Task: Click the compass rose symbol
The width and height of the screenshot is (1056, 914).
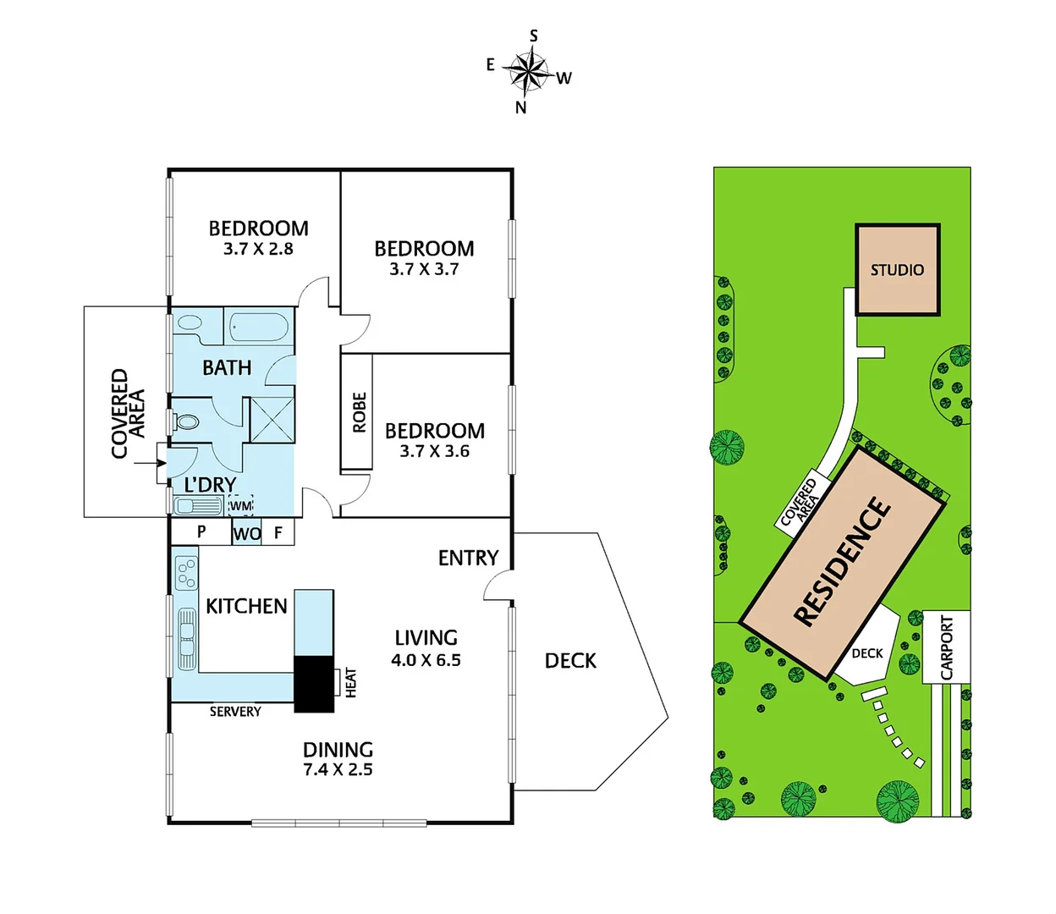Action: click(529, 71)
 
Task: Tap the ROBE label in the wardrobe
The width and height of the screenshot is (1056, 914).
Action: click(360, 412)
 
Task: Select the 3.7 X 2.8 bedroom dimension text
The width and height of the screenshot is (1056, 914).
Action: click(258, 249)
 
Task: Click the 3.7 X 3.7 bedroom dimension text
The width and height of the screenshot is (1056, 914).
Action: click(424, 269)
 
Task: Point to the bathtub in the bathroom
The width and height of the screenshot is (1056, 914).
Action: click(259, 327)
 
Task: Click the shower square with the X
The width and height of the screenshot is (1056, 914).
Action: click(272, 420)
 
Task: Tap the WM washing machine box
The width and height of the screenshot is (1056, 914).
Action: click(240, 506)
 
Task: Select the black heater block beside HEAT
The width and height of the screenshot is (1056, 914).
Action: click(314, 683)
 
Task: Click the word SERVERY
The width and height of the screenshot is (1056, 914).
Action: click(235, 712)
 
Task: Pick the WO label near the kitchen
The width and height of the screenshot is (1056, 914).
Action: click(246, 534)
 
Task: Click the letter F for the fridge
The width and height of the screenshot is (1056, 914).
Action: click(278, 533)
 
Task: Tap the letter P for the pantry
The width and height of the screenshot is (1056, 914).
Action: click(201, 532)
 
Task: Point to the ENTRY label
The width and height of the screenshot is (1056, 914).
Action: click(468, 558)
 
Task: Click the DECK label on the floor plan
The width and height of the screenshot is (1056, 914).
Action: click(570, 661)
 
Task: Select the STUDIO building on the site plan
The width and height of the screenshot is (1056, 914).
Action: click(898, 270)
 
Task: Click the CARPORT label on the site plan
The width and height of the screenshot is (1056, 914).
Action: click(947, 647)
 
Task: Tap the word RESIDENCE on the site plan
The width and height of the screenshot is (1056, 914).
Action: click(843, 562)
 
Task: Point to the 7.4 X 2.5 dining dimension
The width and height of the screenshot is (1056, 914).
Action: click(338, 770)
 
